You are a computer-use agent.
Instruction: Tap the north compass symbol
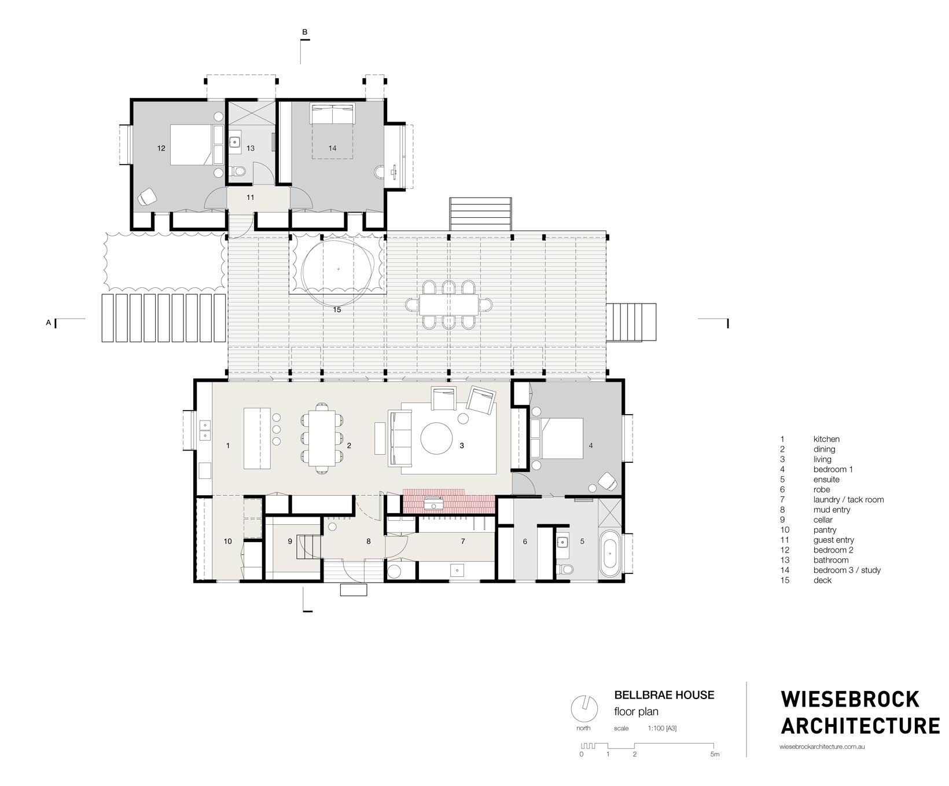tap(584, 708)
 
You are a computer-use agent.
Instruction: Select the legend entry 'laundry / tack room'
tap(848, 499)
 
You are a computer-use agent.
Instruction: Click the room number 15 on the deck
tap(337, 310)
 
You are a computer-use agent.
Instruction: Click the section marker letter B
tap(305, 32)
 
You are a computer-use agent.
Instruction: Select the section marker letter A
tap(49, 323)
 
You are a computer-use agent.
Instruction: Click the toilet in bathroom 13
tap(238, 171)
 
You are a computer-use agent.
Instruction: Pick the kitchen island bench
tap(257, 438)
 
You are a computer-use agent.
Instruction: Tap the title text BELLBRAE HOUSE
tap(664, 694)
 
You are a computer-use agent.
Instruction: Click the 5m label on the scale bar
tap(715, 754)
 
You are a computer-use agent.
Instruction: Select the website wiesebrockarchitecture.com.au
tap(822, 748)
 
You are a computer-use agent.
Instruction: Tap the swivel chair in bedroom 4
tap(606, 481)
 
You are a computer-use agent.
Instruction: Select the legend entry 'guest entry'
tap(833, 540)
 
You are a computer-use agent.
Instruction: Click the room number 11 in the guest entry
tap(250, 198)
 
